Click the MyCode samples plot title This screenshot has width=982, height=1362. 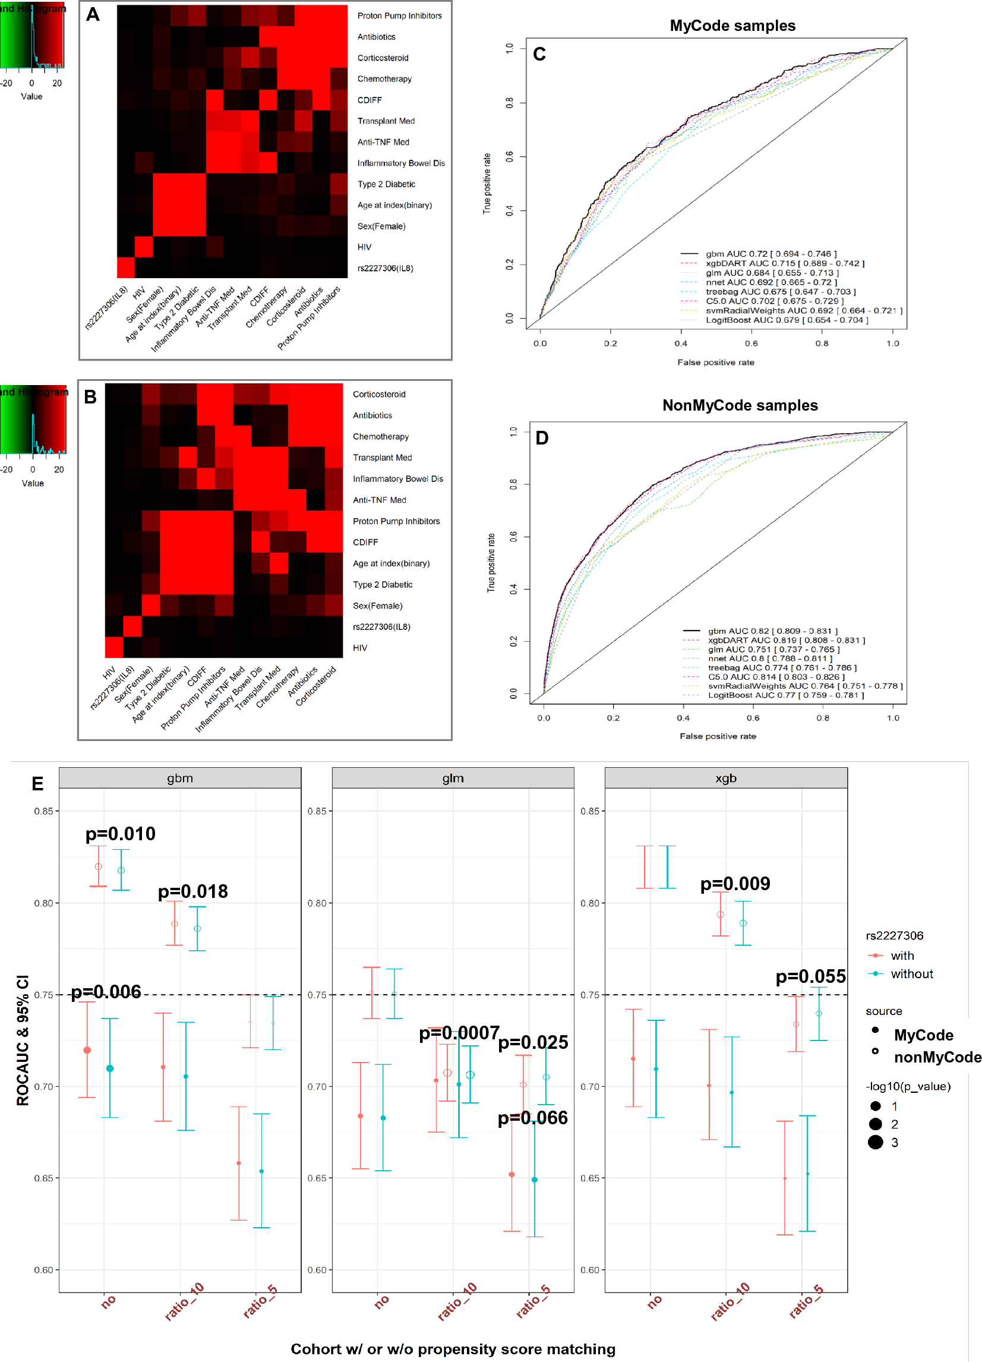click(x=732, y=26)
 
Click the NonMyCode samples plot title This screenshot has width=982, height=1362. click(x=740, y=405)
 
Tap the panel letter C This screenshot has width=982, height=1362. click(x=539, y=55)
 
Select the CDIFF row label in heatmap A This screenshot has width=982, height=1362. click(x=369, y=100)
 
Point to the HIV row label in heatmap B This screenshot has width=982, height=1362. click(x=359, y=648)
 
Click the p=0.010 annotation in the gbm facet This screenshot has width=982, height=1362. click(x=120, y=834)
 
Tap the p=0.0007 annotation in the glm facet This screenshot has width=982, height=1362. click(x=459, y=1033)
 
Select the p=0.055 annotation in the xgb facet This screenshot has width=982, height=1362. click(x=810, y=976)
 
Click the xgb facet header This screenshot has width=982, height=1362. click(x=725, y=778)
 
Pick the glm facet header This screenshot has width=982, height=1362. click(x=453, y=778)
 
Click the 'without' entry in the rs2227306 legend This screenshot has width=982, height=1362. click(x=911, y=974)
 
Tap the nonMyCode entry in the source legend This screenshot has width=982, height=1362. click(x=937, y=1058)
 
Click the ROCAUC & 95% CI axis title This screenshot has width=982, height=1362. click(x=23, y=1040)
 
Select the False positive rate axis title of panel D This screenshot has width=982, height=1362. click(x=717, y=736)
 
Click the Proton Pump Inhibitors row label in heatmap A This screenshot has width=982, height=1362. click(x=399, y=16)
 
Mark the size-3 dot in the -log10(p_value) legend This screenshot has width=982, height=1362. click(x=875, y=1142)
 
